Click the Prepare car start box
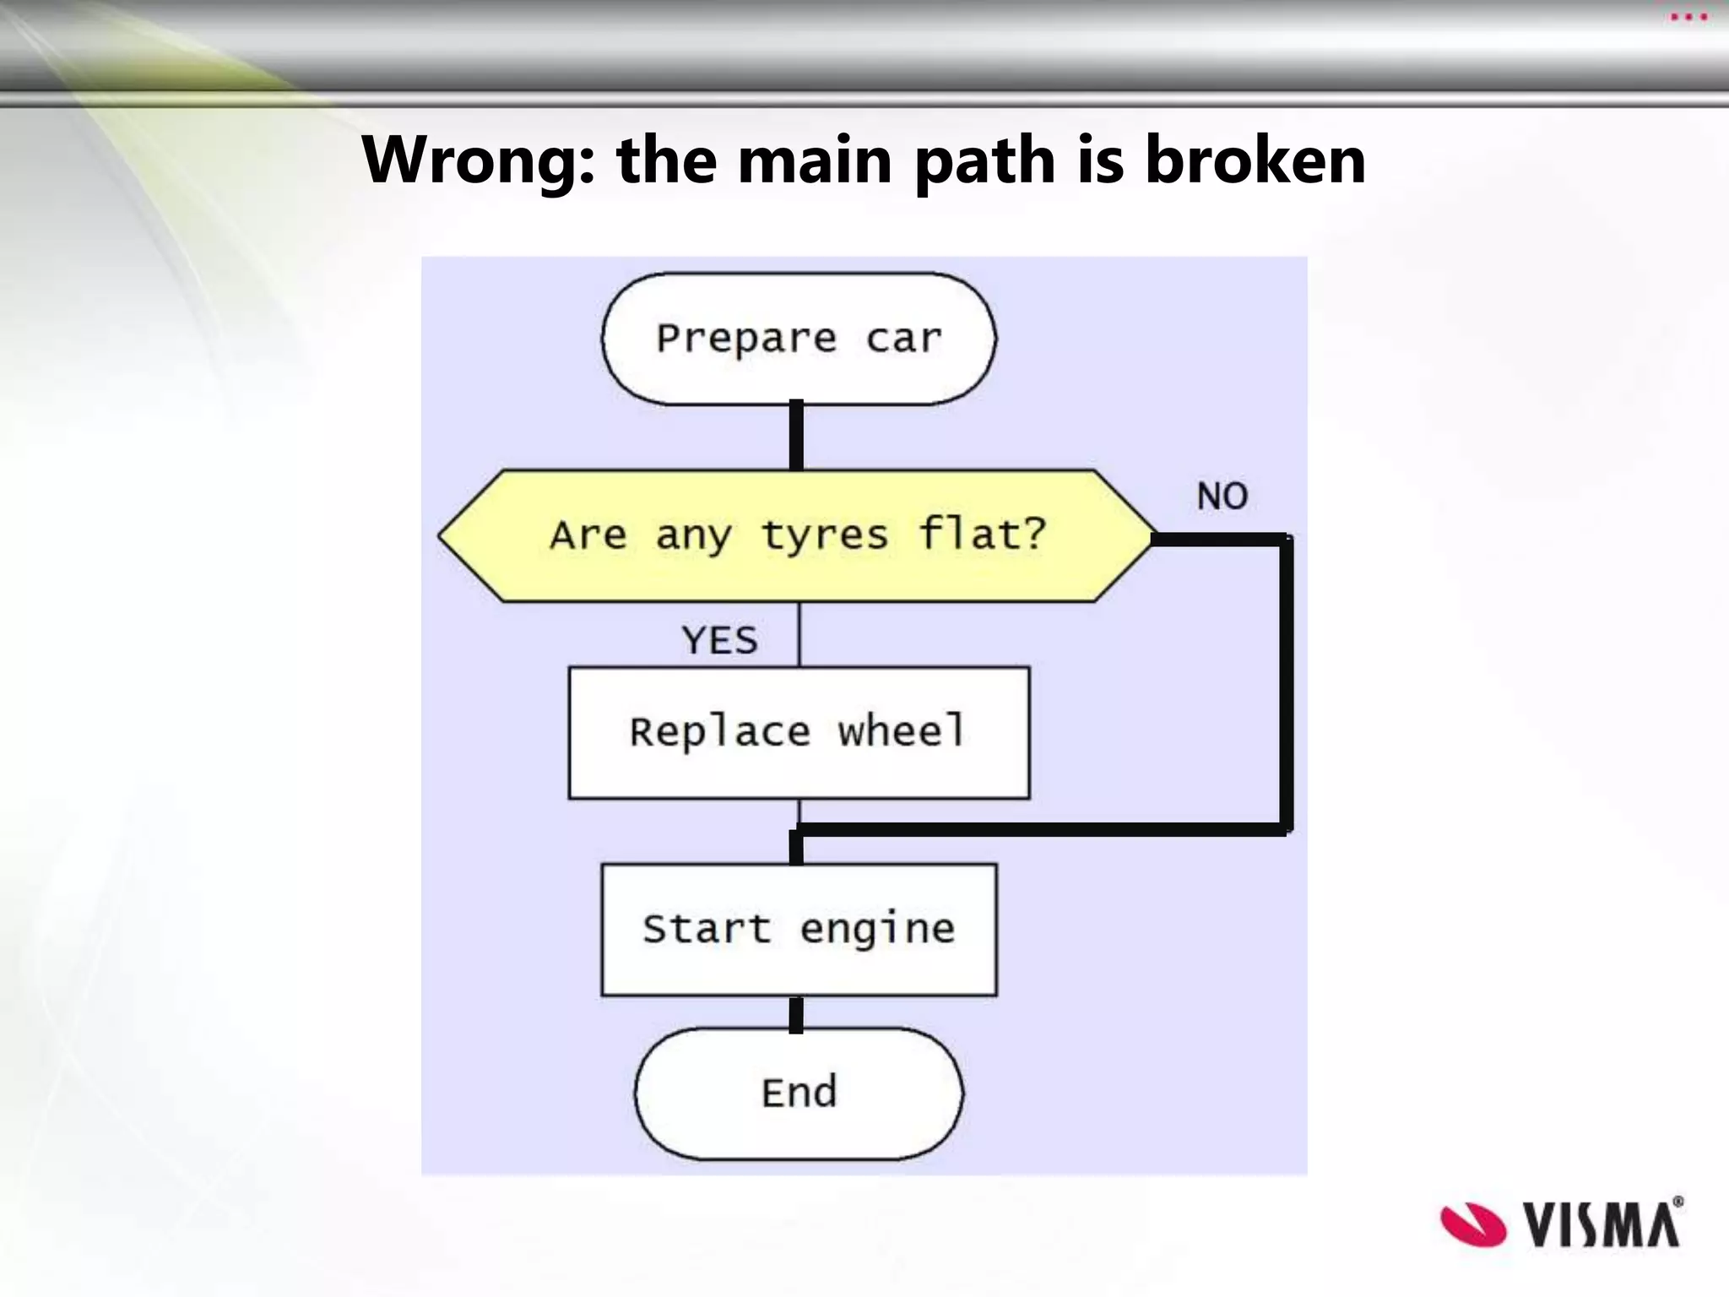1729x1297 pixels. [798, 339]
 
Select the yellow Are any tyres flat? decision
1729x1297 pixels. [797, 535]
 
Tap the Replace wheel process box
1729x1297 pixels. [799, 732]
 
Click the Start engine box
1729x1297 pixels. [799, 929]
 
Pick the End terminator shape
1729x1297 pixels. [799, 1093]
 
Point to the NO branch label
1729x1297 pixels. [1222, 497]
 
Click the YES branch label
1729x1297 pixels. [719, 640]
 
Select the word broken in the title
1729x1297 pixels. [1255, 160]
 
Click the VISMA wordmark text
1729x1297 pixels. [1602, 1224]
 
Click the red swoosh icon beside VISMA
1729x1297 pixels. [1472, 1224]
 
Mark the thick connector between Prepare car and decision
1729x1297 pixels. [796, 436]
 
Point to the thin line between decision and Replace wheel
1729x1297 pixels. [799, 633]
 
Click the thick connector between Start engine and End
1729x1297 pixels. [796, 1014]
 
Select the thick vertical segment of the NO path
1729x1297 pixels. [1286, 684]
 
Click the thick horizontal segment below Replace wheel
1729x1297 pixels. [1038, 830]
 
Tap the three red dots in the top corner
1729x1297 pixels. [1688, 17]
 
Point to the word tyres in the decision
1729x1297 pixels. [825, 535]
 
